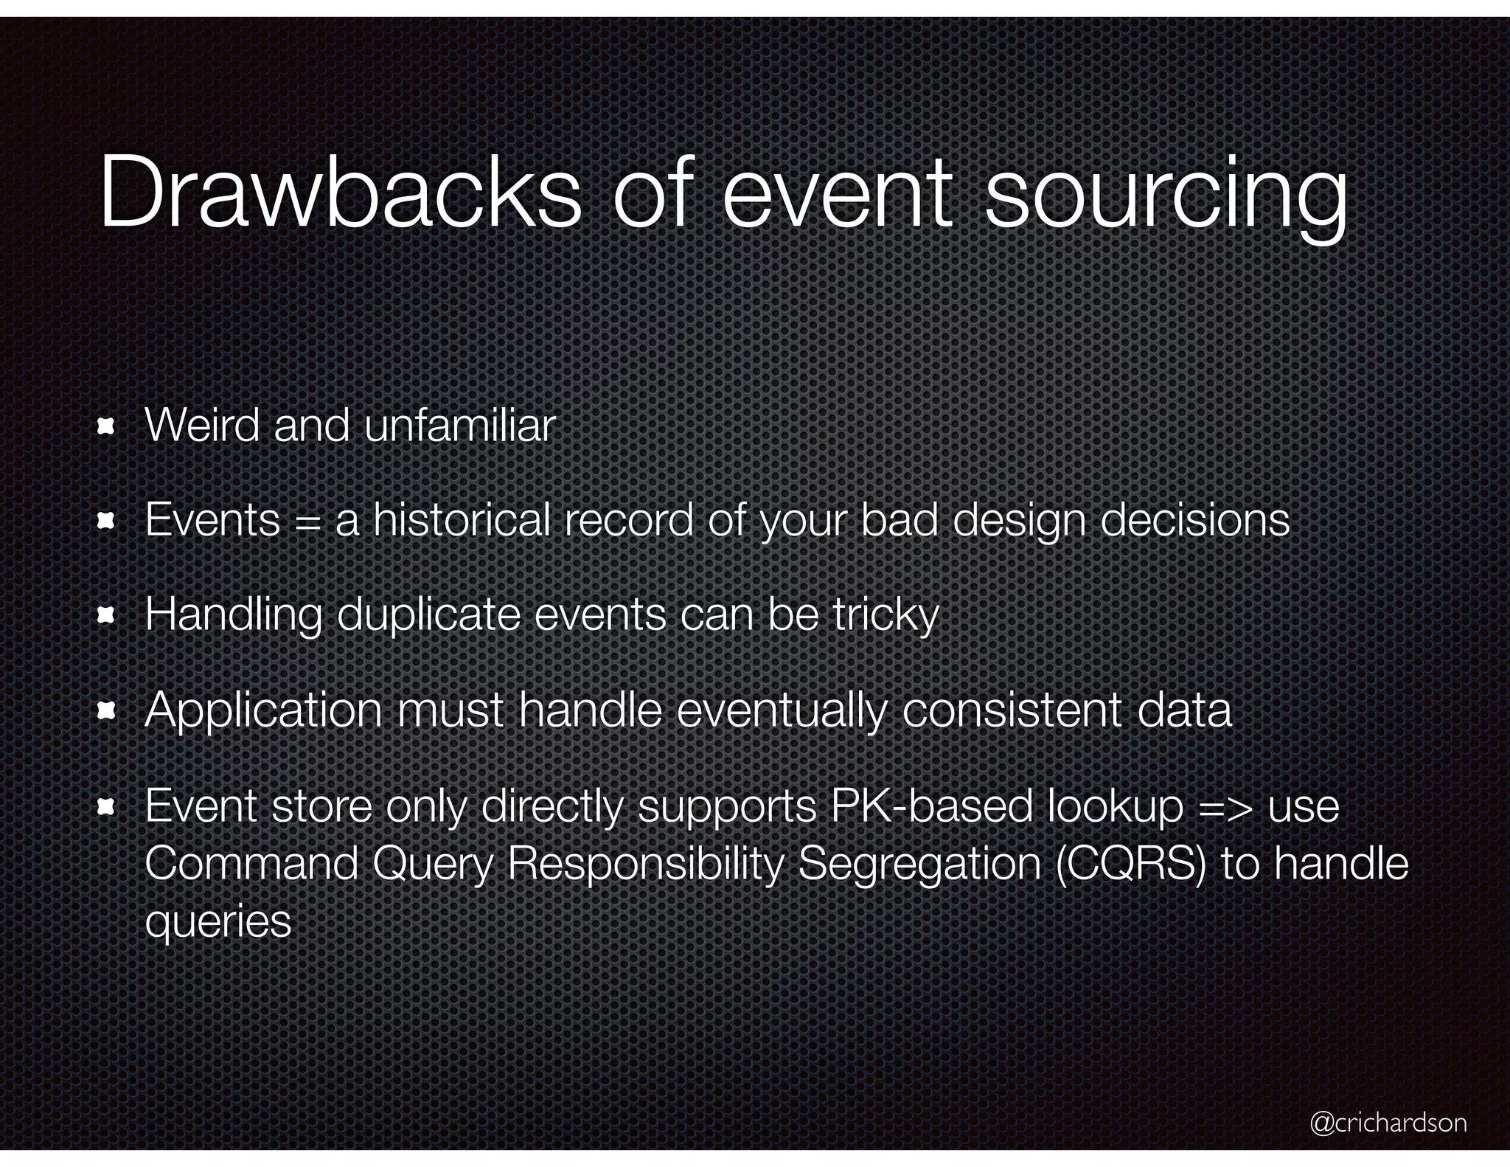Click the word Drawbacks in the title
point(339,193)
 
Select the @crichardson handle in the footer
point(1388,1122)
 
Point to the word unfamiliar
point(459,426)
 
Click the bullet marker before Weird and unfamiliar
point(106,427)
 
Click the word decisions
point(1194,521)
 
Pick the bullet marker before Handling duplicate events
point(106,616)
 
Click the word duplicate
point(428,614)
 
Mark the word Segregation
point(919,865)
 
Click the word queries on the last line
point(218,922)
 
